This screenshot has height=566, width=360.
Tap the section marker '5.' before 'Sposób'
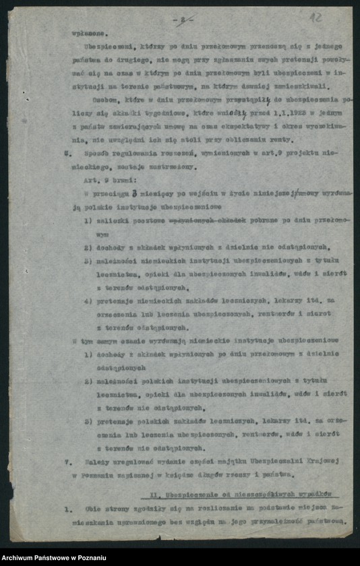[67, 153]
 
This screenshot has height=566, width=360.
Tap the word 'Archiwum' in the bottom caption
[20, 558]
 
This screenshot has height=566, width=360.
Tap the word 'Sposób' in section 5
[93, 153]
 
